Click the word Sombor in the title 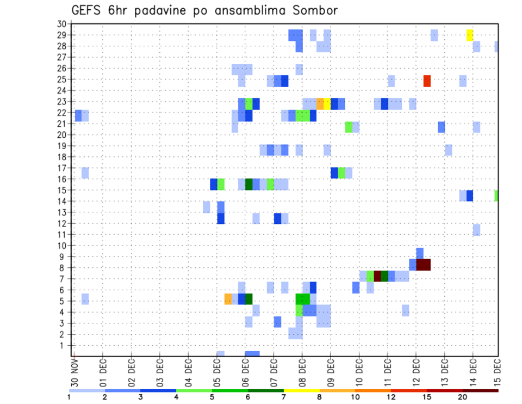click(x=312, y=10)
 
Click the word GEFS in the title click(x=88, y=10)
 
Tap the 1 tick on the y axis click(x=63, y=345)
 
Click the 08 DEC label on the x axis click(x=302, y=375)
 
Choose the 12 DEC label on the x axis click(x=416, y=375)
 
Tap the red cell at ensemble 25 click(x=427, y=81)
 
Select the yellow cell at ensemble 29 click(x=469, y=35)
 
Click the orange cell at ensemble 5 click(x=228, y=299)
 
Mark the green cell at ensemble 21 click(x=349, y=127)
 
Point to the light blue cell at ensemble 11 click(x=476, y=230)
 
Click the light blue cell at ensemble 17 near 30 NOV click(x=85, y=173)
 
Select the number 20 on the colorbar click(x=463, y=397)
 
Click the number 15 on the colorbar click(x=427, y=397)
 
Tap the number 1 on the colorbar click(x=69, y=397)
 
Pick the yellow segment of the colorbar click(x=301, y=390)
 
